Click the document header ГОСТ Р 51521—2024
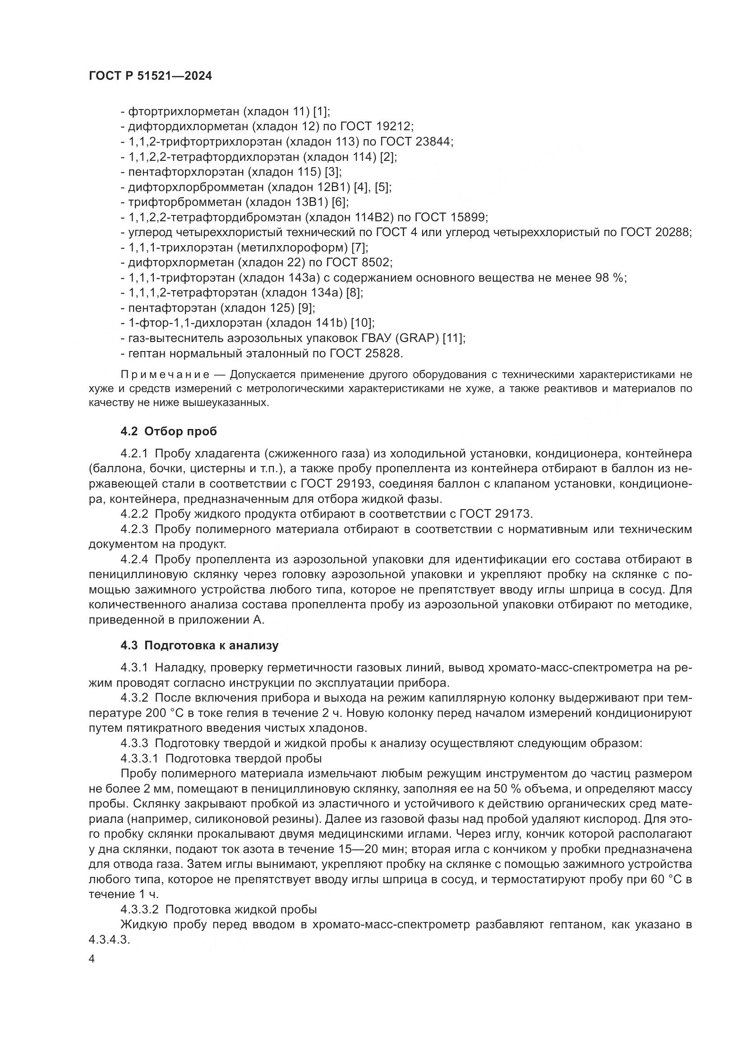[x=150, y=76]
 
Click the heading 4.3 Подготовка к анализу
[x=199, y=645]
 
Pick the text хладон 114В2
[x=348, y=217]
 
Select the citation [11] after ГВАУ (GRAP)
[x=453, y=338]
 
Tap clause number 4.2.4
[x=134, y=560]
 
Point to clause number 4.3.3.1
[x=140, y=758]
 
